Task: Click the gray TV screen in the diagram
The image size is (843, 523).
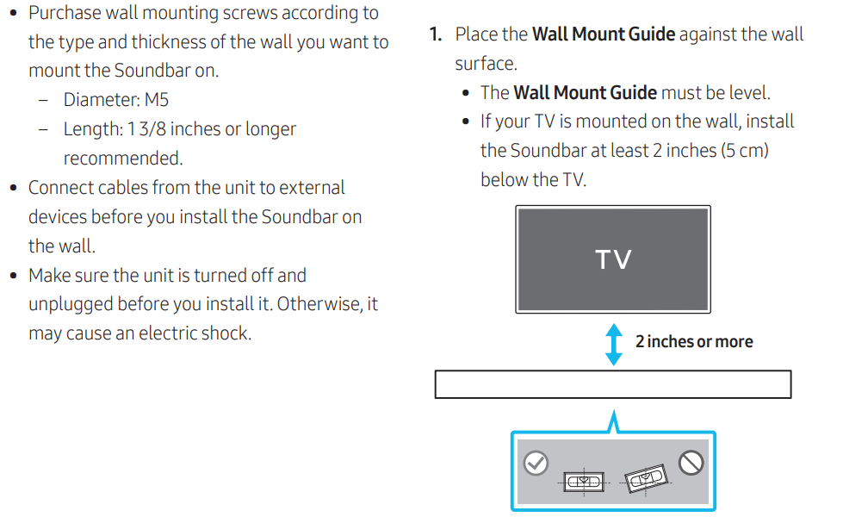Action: [x=613, y=258]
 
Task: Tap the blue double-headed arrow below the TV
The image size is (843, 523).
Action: [x=613, y=344]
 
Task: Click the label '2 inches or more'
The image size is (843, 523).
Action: [x=694, y=341]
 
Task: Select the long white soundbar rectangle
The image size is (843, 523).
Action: [x=612, y=384]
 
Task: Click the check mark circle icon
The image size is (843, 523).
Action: [x=536, y=464]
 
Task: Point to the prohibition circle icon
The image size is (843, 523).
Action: [x=691, y=464]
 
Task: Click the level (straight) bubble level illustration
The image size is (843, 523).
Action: [x=584, y=482]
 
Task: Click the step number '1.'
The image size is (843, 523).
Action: [x=437, y=34]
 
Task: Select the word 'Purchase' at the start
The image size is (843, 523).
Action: [x=64, y=13]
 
